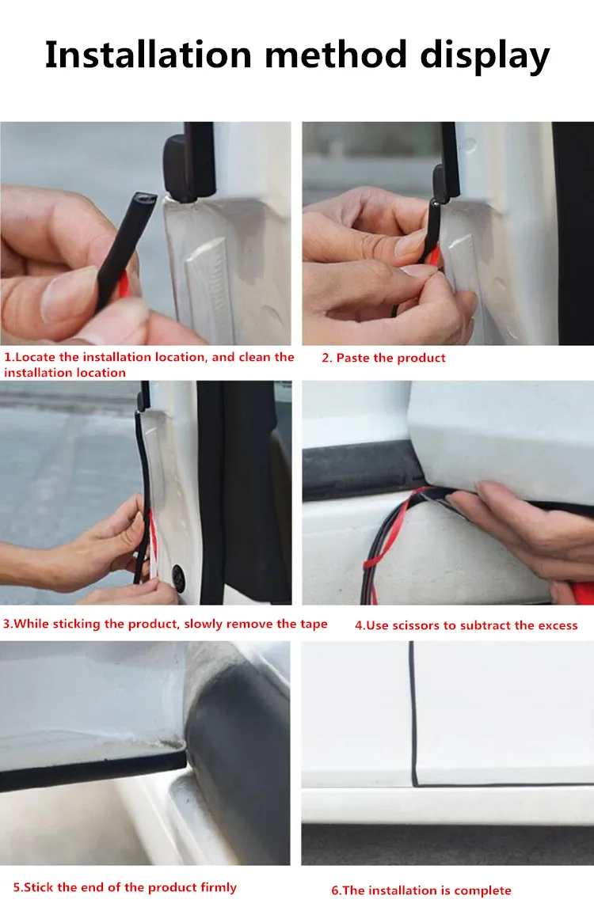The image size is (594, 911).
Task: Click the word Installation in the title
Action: coord(148,55)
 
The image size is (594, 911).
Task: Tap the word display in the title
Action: coord(485,57)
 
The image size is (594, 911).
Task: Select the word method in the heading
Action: coord(336,55)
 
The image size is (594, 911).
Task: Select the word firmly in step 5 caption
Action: coord(219,887)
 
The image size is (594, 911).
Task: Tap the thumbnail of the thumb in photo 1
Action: coord(67,294)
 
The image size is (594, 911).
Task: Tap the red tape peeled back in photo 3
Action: coord(153,534)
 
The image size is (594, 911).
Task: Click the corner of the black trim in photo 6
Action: coord(414,784)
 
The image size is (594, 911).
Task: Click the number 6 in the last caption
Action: coord(335,890)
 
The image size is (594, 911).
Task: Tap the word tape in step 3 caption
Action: coord(314,624)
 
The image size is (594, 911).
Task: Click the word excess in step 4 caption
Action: coord(558,625)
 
